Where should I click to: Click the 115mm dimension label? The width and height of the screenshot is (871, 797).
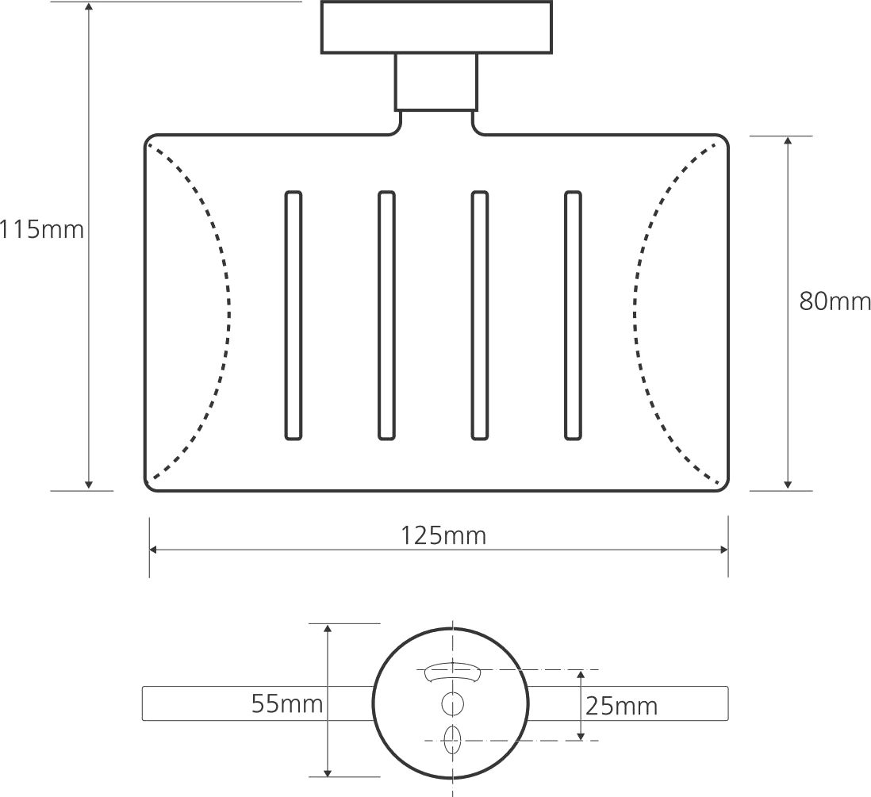click(x=41, y=230)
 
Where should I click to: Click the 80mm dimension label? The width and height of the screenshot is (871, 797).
click(x=835, y=301)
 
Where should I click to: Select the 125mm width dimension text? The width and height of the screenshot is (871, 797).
click(x=443, y=536)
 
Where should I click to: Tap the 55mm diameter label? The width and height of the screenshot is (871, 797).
click(x=287, y=703)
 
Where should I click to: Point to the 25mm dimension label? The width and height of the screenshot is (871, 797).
click(x=621, y=705)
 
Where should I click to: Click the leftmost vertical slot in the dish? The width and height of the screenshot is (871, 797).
click(x=293, y=315)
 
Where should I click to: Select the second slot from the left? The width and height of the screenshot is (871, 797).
click(x=386, y=315)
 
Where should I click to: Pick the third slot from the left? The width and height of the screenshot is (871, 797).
click(x=479, y=315)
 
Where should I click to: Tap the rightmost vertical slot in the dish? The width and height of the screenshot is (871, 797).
click(x=573, y=315)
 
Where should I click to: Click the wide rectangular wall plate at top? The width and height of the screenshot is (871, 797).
click(x=436, y=27)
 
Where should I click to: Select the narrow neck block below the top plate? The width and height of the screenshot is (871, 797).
click(x=436, y=82)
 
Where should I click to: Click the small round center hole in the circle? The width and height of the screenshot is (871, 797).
click(x=452, y=703)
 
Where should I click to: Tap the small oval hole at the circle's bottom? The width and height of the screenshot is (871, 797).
click(x=453, y=739)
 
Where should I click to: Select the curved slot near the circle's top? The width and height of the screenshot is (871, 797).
click(x=452, y=673)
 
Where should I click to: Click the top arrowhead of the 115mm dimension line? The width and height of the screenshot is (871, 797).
click(x=89, y=8)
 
